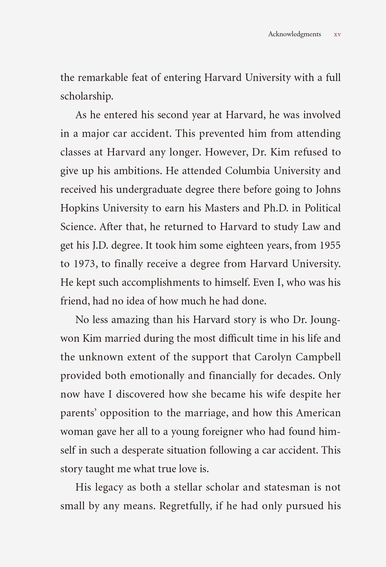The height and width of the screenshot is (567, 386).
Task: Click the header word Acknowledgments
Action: click(294, 34)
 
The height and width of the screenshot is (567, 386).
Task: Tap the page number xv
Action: click(337, 34)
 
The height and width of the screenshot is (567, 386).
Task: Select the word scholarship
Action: click(87, 96)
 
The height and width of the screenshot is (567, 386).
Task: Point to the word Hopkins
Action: click(79, 208)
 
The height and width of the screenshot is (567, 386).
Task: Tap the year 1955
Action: click(330, 245)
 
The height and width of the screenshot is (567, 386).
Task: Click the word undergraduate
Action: click(149, 190)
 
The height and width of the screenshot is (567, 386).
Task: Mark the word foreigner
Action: click(222, 431)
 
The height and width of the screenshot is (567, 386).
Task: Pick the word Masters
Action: click(222, 208)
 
